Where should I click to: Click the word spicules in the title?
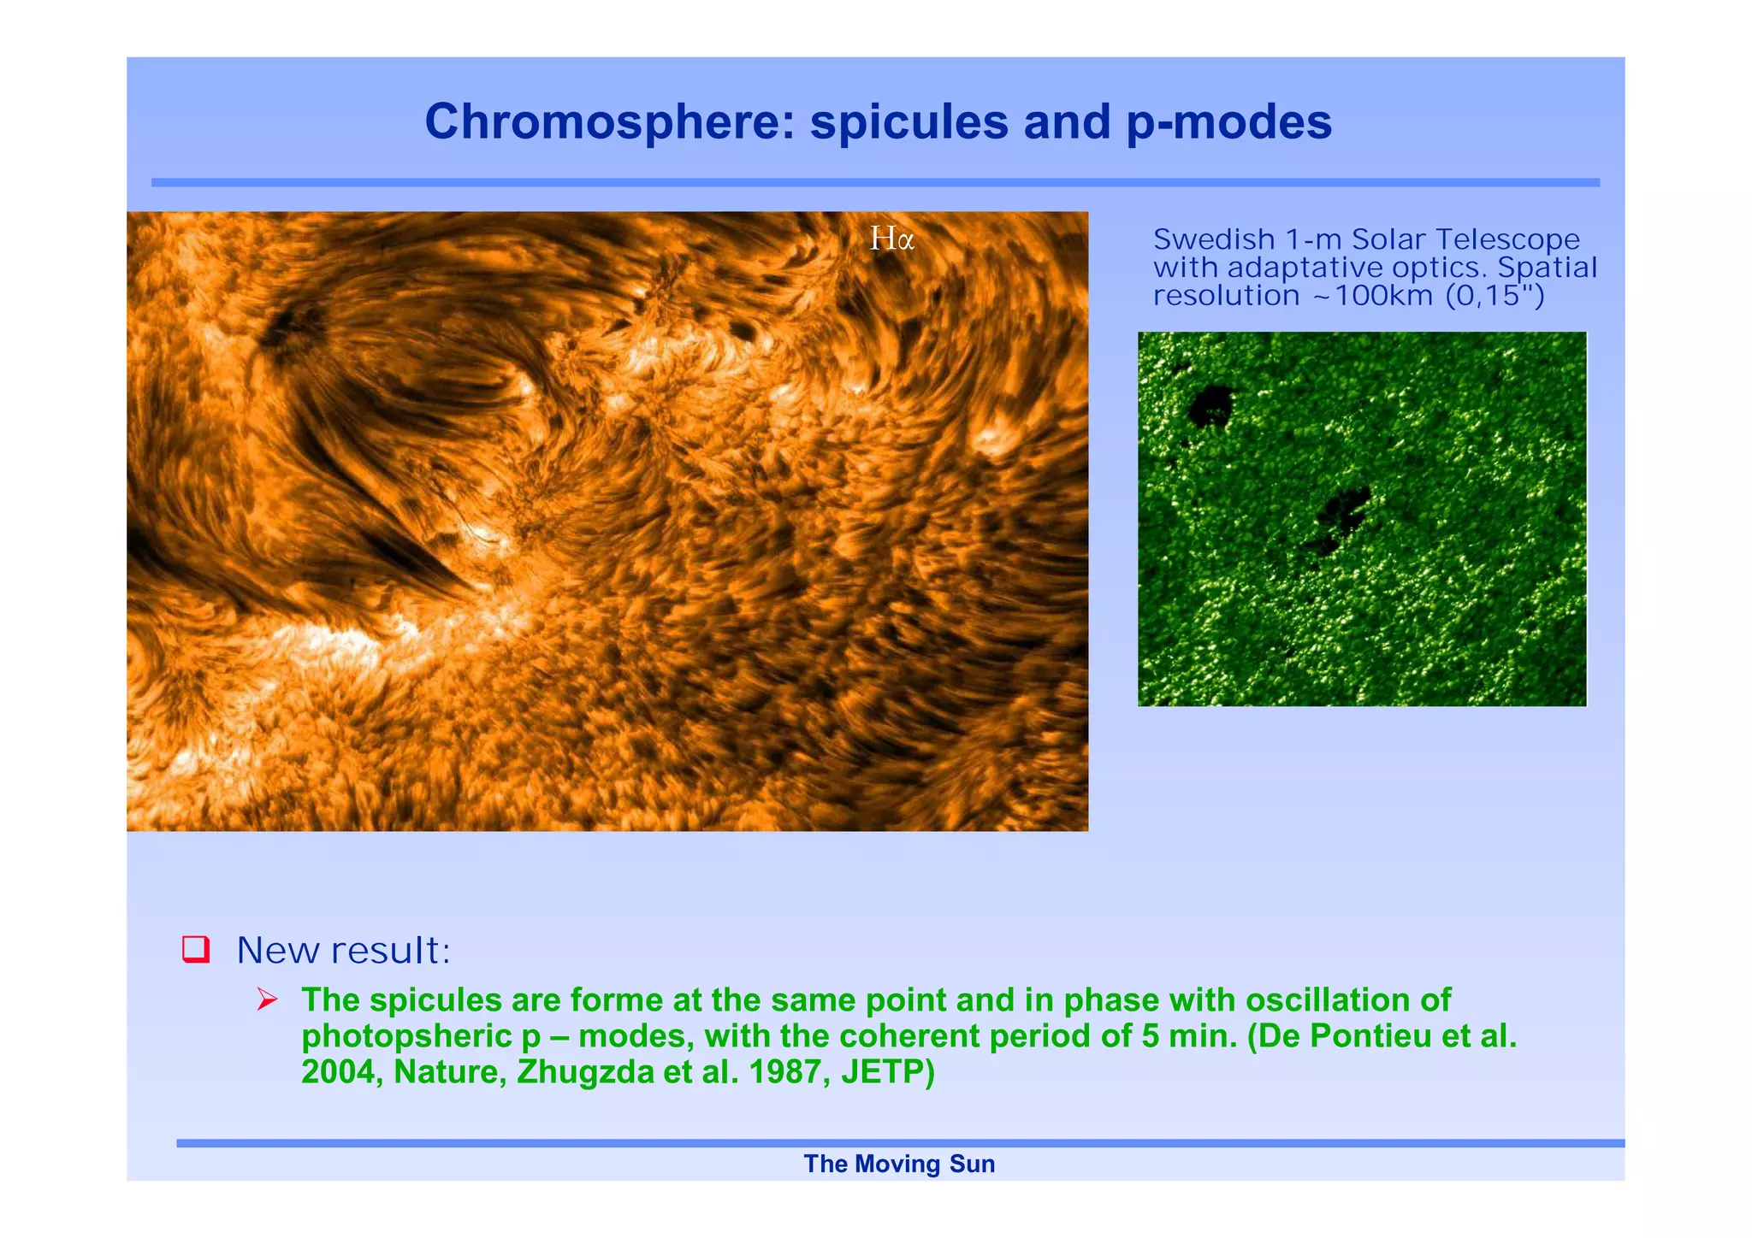click(909, 121)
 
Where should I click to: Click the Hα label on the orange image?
click(892, 239)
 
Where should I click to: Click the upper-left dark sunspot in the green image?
click(1211, 404)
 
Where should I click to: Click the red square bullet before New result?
click(196, 949)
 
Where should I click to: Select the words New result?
click(343, 950)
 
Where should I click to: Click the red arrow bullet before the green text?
click(267, 999)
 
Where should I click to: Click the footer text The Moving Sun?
click(899, 1164)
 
